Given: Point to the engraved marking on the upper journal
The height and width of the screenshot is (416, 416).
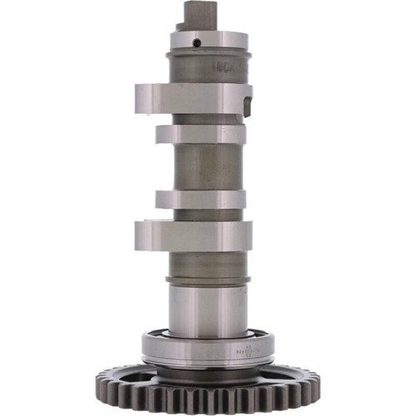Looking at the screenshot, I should point(222,62).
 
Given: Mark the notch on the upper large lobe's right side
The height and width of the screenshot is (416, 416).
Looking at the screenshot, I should point(247,103).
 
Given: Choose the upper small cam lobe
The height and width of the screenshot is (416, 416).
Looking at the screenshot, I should point(200,133).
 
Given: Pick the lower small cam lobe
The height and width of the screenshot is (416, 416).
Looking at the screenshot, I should point(200,200).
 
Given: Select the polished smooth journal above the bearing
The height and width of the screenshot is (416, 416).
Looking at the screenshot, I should point(207,308).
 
